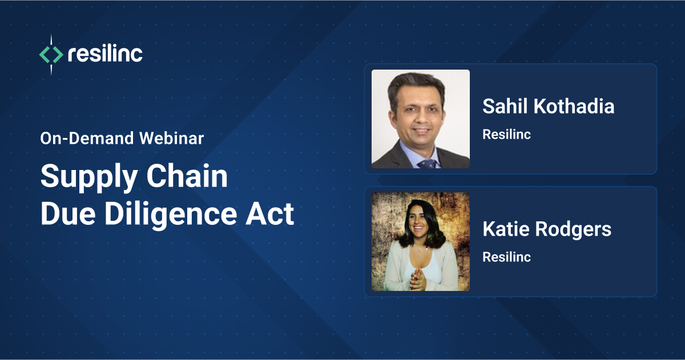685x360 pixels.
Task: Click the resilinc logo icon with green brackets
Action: coord(51,55)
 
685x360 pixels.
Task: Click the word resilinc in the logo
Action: coord(105,54)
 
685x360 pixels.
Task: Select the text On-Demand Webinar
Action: coord(122,139)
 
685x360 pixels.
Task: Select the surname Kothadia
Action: coord(573,106)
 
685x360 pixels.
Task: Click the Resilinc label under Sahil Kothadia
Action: coord(506,135)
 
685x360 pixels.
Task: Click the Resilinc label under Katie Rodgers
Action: coord(506,257)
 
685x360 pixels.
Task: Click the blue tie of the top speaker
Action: coord(426,163)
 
